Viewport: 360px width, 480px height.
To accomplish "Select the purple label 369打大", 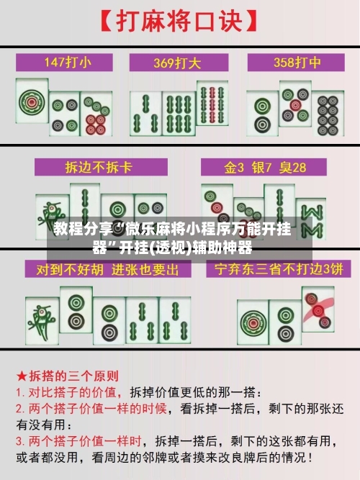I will (x=179, y=62).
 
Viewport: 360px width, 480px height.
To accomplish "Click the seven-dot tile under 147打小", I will (x=96, y=114).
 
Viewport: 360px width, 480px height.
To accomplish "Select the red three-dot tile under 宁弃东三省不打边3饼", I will (x=318, y=309).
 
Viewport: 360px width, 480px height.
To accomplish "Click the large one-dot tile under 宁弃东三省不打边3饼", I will (x=254, y=320).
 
